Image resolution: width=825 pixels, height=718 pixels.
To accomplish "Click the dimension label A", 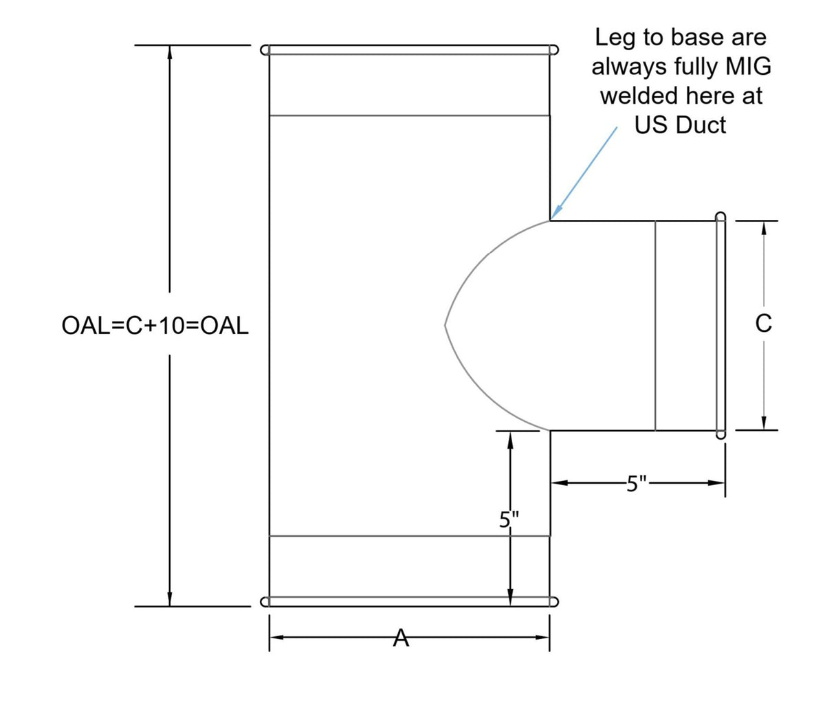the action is point(400,638).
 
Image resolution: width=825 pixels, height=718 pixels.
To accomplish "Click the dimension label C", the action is point(763,323).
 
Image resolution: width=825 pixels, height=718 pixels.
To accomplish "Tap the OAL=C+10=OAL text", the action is point(155,326).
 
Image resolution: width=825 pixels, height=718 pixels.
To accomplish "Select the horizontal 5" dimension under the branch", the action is point(637,483).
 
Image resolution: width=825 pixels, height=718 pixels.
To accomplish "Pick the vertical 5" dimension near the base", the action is point(509,519).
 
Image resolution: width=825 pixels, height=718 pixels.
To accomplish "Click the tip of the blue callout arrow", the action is point(551,219).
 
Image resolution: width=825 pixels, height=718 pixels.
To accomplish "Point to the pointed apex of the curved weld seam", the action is point(445,325).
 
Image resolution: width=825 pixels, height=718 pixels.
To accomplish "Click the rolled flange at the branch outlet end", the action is point(720,326).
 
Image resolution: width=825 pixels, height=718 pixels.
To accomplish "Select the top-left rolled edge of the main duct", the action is point(265,50).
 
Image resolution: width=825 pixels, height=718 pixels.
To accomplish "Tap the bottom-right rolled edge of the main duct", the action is point(553,602).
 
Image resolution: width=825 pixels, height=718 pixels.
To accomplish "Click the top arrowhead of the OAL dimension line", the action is point(169,53).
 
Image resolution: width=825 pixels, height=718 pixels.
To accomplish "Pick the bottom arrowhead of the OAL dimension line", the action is point(169,598).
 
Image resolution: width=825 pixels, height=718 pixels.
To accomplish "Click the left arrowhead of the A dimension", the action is point(277,638).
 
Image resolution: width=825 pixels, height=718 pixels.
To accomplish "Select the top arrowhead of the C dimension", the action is point(763,228).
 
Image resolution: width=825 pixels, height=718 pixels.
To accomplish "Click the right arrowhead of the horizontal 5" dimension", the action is point(716,483).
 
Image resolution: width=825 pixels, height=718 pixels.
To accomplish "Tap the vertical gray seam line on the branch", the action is point(655,326).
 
